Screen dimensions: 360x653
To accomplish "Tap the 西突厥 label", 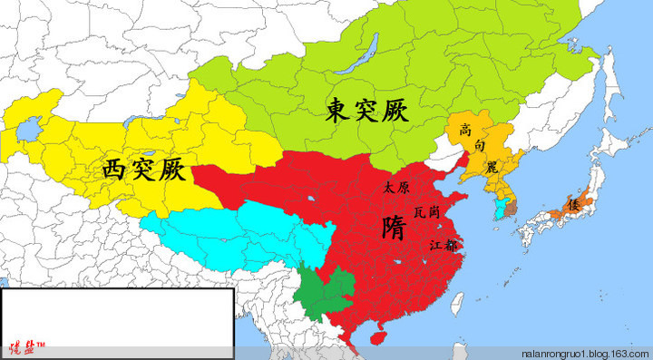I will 144,168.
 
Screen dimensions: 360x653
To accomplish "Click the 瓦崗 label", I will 428,211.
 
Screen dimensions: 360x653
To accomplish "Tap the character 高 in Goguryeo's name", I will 466,130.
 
